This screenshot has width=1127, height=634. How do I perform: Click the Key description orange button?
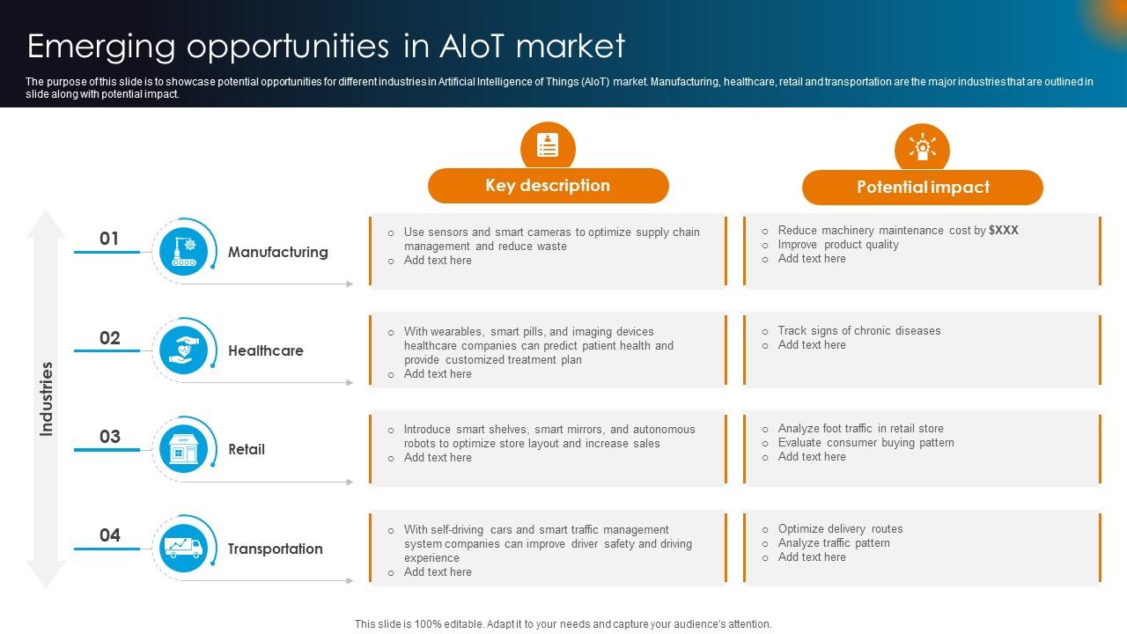click(x=548, y=186)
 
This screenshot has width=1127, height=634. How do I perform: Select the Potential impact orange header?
click(x=922, y=188)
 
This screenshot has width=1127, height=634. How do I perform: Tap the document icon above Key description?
click(x=548, y=146)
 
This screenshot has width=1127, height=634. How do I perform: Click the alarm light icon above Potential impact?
click(x=922, y=147)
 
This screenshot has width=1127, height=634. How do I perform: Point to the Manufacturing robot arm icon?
click(x=184, y=251)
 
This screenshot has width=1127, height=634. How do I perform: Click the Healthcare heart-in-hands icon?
click(x=184, y=350)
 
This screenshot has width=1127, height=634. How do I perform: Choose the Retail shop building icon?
click(x=184, y=449)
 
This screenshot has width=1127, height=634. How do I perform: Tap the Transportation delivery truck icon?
click(x=184, y=548)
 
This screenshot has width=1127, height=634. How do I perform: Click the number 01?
click(x=109, y=239)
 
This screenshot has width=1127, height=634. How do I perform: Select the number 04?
click(x=109, y=535)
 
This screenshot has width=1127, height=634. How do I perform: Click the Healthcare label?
click(x=265, y=350)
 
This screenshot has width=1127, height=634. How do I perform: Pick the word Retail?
click(x=247, y=449)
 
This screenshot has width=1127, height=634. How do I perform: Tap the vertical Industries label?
click(x=47, y=398)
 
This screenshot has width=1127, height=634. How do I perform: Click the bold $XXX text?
click(x=1004, y=230)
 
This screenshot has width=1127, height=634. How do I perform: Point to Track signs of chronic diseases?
click(x=858, y=331)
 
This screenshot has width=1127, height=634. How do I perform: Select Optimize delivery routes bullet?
click(x=840, y=529)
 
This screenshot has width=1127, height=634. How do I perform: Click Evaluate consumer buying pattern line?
click(x=866, y=443)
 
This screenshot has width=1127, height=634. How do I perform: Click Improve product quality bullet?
click(x=837, y=245)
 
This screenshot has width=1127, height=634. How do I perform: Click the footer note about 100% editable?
click(x=563, y=623)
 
